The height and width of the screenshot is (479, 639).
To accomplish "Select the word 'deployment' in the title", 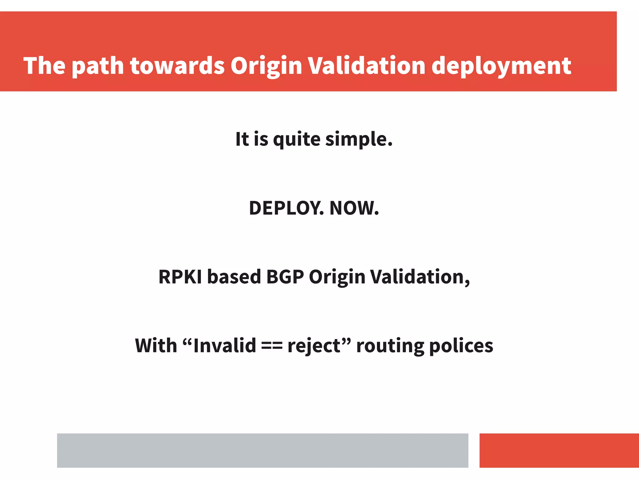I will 501,66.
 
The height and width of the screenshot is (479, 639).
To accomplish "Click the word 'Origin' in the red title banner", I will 266,66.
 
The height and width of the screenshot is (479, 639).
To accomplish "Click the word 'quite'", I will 296,139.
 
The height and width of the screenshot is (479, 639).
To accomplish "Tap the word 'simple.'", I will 359,139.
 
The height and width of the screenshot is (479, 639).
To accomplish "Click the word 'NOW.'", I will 354,208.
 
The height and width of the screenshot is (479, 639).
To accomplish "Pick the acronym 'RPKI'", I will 180,277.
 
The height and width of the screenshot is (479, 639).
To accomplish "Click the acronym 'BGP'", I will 285,277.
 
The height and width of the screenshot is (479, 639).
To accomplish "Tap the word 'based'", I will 234,277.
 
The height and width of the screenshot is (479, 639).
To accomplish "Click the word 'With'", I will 156,346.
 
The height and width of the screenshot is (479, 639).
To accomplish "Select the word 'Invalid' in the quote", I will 224,346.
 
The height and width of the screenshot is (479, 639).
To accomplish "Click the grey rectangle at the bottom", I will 262,450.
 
